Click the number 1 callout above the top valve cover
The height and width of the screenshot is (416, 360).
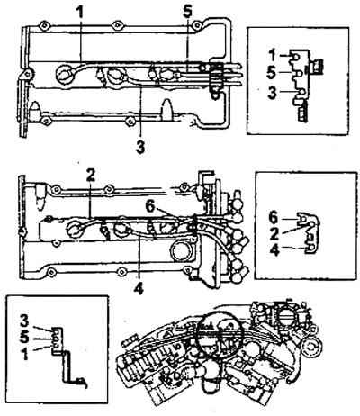point(80,14)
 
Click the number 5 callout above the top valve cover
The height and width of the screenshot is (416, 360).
point(187,13)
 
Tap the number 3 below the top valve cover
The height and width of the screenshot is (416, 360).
point(140,148)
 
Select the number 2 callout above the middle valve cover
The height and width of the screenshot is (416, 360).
point(90,176)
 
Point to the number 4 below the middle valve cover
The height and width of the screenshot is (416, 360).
point(139,287)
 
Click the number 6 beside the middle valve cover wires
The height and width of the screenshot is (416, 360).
point(150,207)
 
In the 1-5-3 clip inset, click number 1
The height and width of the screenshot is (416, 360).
point(272,56)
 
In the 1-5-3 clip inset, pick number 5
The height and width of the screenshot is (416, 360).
point(272,73)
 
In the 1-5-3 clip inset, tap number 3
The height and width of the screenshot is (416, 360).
point(272,93)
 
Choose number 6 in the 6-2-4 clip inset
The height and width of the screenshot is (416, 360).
point(274,219)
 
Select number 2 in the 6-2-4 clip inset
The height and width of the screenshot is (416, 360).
point(274,234)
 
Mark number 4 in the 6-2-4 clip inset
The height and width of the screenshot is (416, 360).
point(274,250)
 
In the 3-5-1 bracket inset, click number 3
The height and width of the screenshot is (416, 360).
point(24,321)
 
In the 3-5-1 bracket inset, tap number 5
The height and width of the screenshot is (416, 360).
point(24,338)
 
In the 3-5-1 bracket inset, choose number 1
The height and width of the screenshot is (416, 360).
point(25,354)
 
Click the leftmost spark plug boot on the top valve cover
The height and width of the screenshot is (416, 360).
point(65,74)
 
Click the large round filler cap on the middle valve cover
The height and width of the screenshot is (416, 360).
point(181,250)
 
